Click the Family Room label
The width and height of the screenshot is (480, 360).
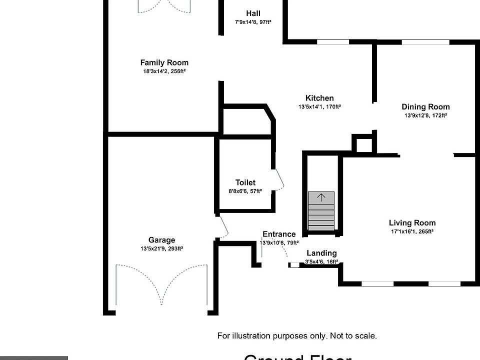point(164,63)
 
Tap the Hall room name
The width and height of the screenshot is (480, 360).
point(253,13)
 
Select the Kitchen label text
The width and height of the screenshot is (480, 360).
point(319,98)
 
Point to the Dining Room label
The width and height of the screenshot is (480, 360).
point(425,106)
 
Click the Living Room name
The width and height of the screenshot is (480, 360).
point(412,223)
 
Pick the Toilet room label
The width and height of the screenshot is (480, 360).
point(245,182)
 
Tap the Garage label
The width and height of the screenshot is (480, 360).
point(161,240)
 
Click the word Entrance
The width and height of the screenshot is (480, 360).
point(279,234)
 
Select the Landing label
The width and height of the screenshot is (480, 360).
point(321,253)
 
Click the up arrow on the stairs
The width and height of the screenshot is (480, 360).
point(321,197)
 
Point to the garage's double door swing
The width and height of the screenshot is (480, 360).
point(161,285)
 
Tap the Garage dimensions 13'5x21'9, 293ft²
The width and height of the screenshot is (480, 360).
point(161,248)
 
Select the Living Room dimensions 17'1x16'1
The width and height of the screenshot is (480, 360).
point(412,231)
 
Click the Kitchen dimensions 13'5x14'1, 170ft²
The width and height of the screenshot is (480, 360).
point(319,106)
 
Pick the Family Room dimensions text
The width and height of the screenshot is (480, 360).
point(164,71)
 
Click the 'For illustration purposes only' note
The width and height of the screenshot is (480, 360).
point(297,336)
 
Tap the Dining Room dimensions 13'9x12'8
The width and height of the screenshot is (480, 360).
point(425,115)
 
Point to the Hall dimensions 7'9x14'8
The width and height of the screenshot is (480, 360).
point(253,22)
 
